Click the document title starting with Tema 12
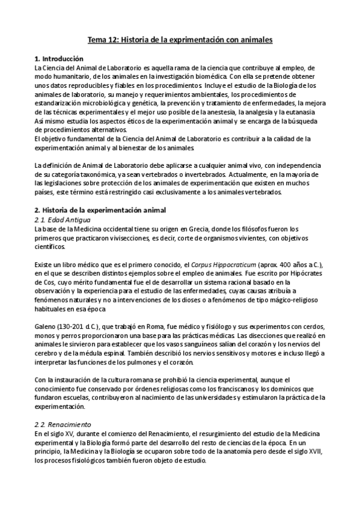180,40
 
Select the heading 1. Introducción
59,59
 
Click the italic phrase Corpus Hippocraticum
223,265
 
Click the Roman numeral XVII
317,452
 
